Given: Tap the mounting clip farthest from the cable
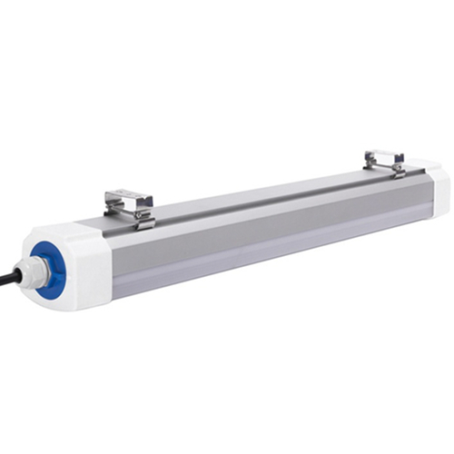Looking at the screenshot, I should point(384,161).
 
